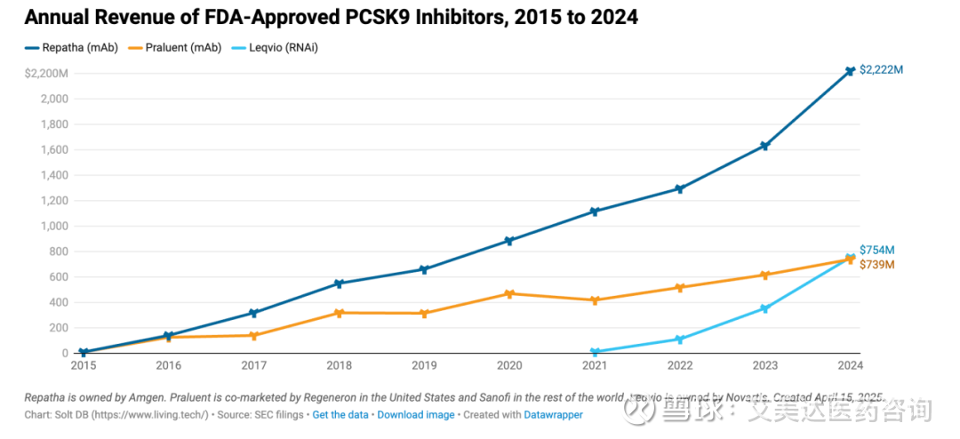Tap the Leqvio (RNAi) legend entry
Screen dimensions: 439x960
click(x=275, y=48)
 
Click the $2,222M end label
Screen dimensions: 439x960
click(x=882, y=70)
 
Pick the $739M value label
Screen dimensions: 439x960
click(x=876, y=265)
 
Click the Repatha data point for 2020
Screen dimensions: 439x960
click(x=509, y=241)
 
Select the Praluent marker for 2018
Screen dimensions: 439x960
click(x=339, y=313)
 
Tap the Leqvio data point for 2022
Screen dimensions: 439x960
click(x=679, y=339)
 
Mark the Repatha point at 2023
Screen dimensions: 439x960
click(x=764, y=146)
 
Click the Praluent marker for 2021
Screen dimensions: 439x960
click(x=595, y=300)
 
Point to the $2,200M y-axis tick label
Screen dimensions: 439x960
click(x=46, y=73)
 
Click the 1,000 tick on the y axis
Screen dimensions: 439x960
click(x=53, y=226)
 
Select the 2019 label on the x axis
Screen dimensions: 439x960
click(x=424, y=365)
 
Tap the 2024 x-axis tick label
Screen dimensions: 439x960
click(x=850, y=365)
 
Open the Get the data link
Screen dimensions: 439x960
click(x=340, y=415)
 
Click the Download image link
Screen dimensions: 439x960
click(x=416, y=415)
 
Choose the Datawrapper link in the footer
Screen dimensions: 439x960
click(x=553, y=415)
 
